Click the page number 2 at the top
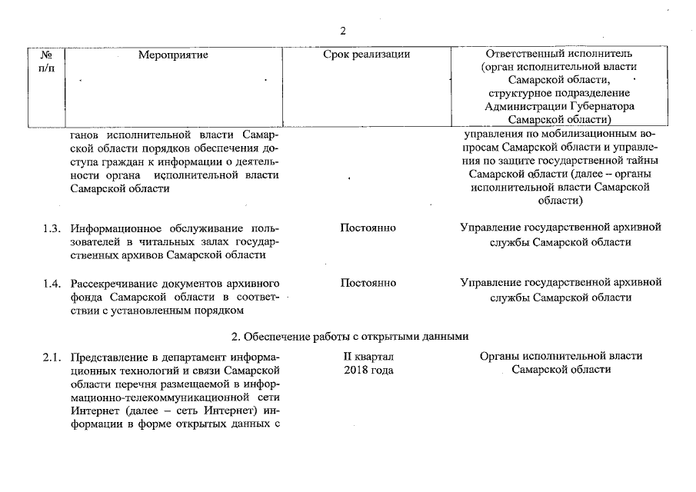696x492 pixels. (342, 31)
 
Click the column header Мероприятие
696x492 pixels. (173, 55)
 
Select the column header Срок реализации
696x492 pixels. (367, 55)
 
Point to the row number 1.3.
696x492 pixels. (52, 228)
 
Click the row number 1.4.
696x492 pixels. (52, 283)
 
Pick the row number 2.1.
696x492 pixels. (52, 357)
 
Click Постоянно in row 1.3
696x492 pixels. (368, 228)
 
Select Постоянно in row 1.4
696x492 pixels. (368, 283)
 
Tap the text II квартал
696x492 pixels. (368, 357)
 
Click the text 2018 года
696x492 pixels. (368, 370)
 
